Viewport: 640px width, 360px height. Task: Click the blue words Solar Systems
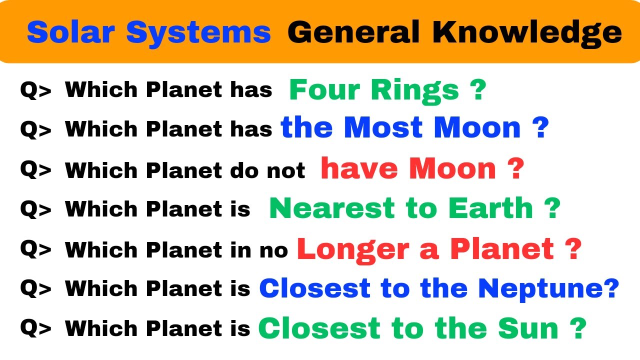point(148,32)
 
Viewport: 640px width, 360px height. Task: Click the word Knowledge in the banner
point(527,32)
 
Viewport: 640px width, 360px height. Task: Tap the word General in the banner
point(353,32)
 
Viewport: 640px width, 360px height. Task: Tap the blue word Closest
point(314,288)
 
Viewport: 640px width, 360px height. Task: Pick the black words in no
point(263,249)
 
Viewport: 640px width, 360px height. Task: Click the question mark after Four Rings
point(477,90)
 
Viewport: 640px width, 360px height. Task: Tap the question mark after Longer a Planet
point(574,248)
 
